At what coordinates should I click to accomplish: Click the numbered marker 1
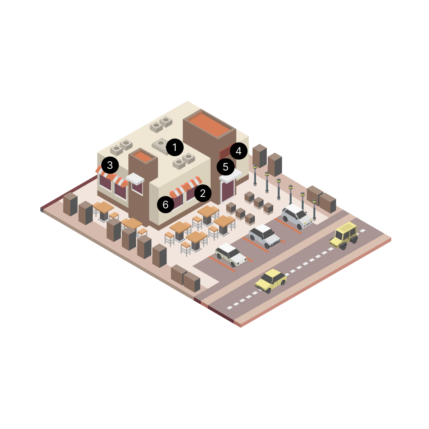tap(175, 148)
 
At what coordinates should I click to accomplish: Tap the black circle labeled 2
tap(203, 193)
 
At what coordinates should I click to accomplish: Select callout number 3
tap(110, 165)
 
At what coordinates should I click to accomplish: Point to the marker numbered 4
tap(239, 151)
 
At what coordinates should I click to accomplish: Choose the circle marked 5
tap(226, 166)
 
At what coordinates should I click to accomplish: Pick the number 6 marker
tap(166, 204)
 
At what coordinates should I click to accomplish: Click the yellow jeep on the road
tap(344, 236)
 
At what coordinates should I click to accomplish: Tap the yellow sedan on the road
tap(271, 281)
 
